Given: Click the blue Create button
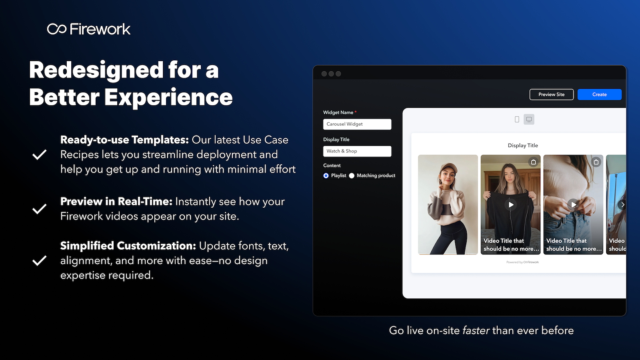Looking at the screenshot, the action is click(599, 94).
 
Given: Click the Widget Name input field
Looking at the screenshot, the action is click(357, 124).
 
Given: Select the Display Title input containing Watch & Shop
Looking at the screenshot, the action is click(357, 151).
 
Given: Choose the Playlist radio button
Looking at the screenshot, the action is click(326, 176).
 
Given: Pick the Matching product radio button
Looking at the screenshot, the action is click(352, 176).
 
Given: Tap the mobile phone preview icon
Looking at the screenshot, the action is click(517, 119).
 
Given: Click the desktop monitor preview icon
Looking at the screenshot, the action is click(529, 119).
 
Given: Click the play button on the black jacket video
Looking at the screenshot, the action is click(511, 204).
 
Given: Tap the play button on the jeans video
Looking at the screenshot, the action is click(573, 204).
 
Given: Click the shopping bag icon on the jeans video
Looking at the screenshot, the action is click(596, 162).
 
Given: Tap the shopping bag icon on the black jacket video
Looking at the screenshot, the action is click(533, 162).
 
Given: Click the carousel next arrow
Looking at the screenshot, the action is click(622, 205).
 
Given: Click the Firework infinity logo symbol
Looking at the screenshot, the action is click(57, 29).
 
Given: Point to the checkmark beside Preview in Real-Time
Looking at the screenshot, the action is click(39, 209).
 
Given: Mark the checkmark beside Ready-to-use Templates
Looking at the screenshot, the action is click(39, 154).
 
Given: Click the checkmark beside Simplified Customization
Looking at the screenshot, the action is click(39, 260).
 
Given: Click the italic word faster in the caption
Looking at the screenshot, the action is click(476, 330).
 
